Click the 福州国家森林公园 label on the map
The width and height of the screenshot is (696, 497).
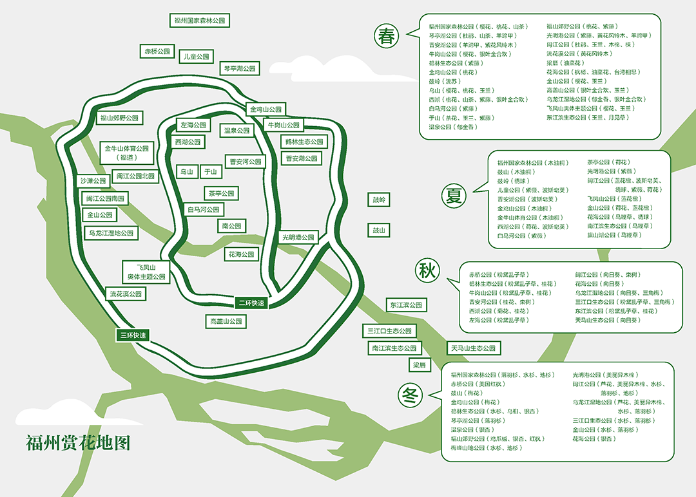click(200, 21)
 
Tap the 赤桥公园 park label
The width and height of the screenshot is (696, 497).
click(157, 51)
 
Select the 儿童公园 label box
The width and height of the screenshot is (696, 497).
click(196, 57)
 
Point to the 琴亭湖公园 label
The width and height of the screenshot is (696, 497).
click(240, 68)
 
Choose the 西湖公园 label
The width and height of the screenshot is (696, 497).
click(188, 142)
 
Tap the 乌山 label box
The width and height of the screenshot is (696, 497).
click(187, 172)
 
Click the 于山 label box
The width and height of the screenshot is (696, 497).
click(210, 172)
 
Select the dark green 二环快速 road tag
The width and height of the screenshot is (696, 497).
click(251, 303)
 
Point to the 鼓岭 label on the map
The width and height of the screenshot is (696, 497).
click(379, 200)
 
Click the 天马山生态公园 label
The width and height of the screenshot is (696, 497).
click(473, 348)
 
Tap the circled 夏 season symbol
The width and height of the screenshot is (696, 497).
click(454, 194)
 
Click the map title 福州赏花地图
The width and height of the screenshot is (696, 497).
click(78, 443)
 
